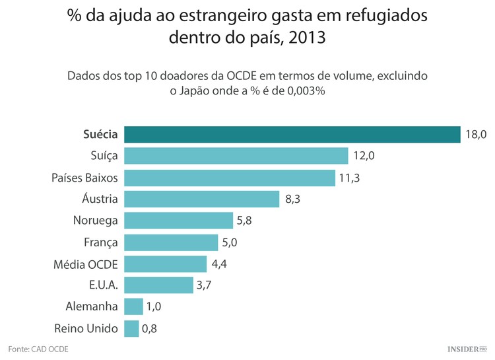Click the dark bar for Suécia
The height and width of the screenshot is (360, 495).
pyautogui.click(x=292, y=134)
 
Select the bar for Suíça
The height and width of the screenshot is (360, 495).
pyautogui.click(x=236, y=156)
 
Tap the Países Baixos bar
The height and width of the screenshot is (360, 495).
pyautogui.click(x=229, y=178)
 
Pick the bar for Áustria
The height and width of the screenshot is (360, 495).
pyautogui.click(x=201, y=199)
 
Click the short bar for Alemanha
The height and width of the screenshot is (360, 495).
pyautogui.click(x=133, y=306)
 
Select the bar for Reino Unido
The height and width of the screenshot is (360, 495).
pyautogui.click(x=131, y=328)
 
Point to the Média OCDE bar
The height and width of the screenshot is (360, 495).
pyautogui.click(x=165, y=264)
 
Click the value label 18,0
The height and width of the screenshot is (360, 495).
pyautogui.click(x=475, y=135)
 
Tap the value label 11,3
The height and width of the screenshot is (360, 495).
pyautogui.click(x=350, y=178)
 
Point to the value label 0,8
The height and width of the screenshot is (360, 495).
pyautogui.click(x=150, y=328)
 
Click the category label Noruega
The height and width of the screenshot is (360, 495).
pyautogui.click(x=95, y=221)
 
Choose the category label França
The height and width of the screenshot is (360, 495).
pyautogui.click(x=101, y=242)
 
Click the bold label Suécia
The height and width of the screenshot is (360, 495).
pyautogui.click(x=100, y=135)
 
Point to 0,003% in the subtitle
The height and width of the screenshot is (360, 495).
pyautogui.click(x=302, y=91)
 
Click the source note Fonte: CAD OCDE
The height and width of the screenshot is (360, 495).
pyautogui.click(x=38, y=348)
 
